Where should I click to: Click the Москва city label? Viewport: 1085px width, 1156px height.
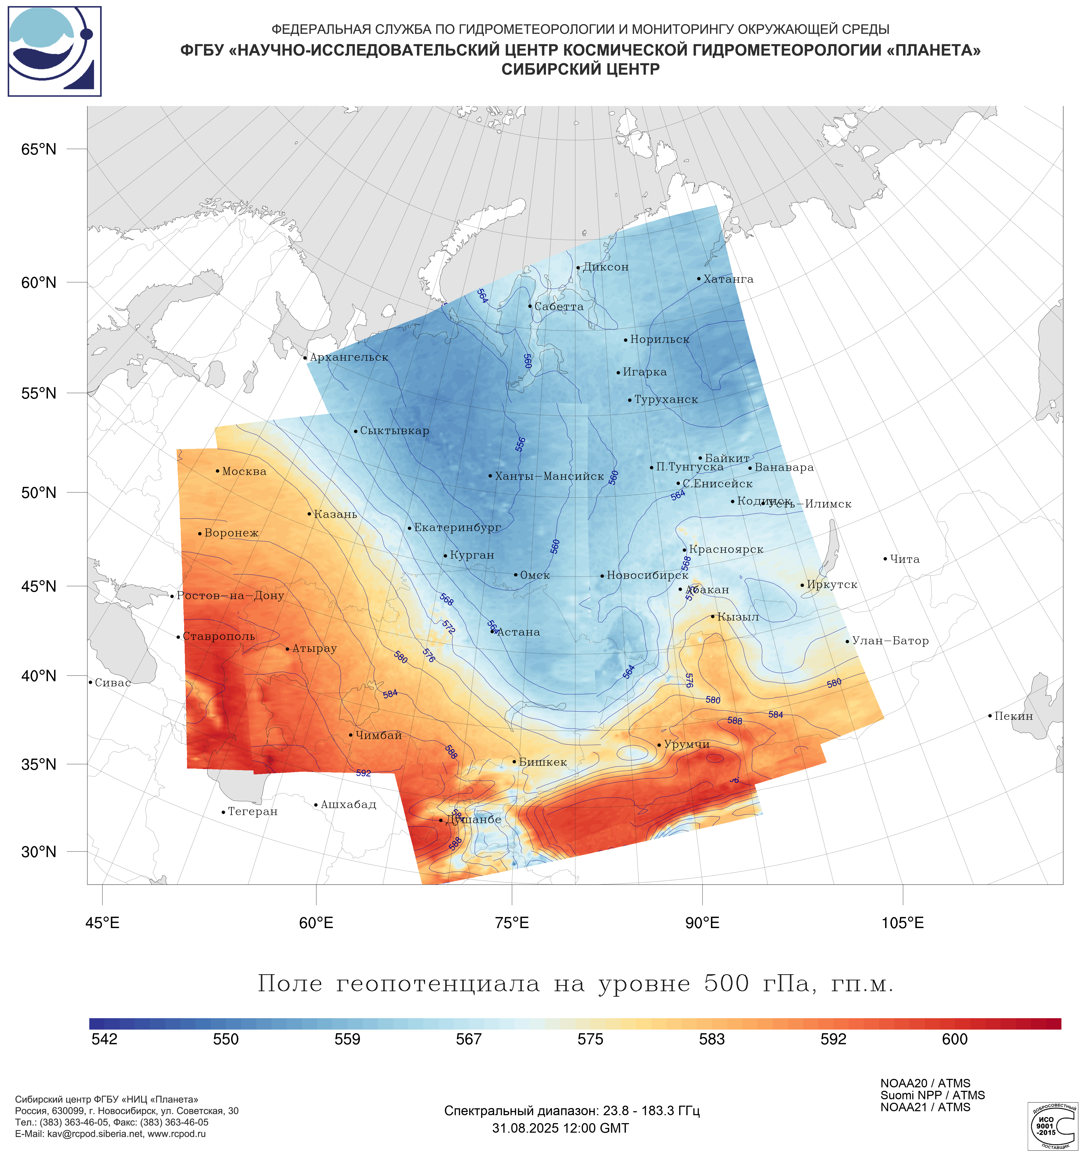pos(244,471)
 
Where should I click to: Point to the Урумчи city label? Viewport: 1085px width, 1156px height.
pos(686,744)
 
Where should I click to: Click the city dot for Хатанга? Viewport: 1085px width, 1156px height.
pos(699,279)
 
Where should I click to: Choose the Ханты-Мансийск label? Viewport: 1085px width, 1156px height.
pos(549,476)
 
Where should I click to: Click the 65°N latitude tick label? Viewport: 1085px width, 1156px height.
pos(39,149)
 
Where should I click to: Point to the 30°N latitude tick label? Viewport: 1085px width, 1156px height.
pos(39,852)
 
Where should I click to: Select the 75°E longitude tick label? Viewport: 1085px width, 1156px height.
pos(512,923)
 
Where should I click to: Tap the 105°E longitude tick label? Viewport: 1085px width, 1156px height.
pos(902,923)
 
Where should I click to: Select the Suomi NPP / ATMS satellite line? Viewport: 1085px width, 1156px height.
pos(932,1095)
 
